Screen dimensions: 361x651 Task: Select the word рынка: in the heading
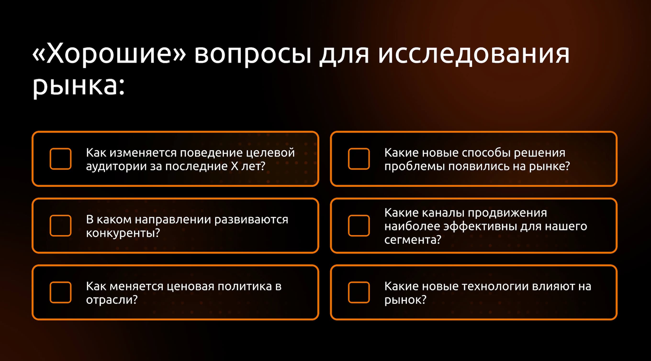(x=79, y=86)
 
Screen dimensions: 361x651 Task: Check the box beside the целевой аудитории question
(x=60, y=159)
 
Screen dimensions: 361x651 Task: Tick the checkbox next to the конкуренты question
(x=60, y=226)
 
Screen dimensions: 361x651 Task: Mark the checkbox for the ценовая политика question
(x=60, y=292)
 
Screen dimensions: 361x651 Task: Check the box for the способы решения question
(x=359, y=159)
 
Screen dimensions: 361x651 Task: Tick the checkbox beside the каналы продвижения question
(x=359, y=226)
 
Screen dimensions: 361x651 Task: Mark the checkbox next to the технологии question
(x=359, y=292)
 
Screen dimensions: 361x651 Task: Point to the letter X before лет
(x=234, y=166)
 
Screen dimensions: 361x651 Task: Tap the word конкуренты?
(x=123, y=233)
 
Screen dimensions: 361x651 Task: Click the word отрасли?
(x=112, y=300)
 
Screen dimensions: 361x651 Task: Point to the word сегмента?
(x=413, y=240)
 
